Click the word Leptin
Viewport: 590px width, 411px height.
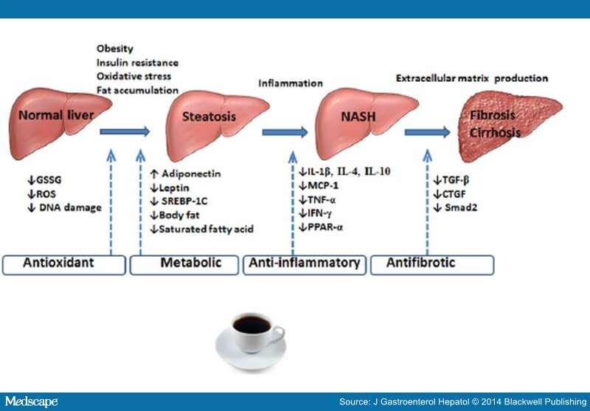click(x=174, y=187)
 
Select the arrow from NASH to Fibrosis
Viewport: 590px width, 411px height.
click(x=427, y=132)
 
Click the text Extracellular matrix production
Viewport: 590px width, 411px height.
click(x=471, y=78)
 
